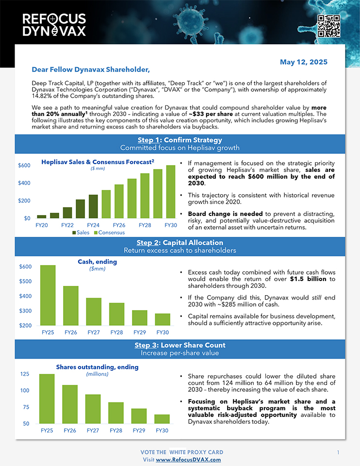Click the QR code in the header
pos(328,26)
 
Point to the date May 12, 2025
pos(303,62)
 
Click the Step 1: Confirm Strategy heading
pos(180,140)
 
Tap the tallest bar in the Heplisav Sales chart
pos(170,192)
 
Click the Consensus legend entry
pos(109,233)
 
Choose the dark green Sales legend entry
pos(81,233)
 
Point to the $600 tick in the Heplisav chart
pos(24,166)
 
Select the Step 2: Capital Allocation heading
pos(180,243)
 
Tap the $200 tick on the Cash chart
pos(26,325)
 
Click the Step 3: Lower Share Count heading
pos(180,345)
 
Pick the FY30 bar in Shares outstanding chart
pos(162,419)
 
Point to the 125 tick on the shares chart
pos(24,374)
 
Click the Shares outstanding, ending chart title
pos(97,367)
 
